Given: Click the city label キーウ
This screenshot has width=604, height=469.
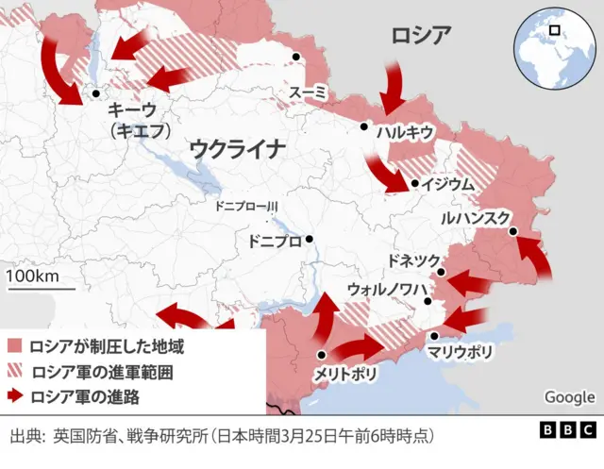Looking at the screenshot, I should coord(133,110).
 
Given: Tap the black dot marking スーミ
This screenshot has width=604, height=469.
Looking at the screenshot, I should coord(296,58).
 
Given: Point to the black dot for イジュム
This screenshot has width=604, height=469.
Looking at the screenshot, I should coord(415,183).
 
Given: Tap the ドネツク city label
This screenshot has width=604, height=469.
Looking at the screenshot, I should coord(414,260).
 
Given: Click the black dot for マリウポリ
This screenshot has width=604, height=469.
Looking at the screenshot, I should coord(434,336).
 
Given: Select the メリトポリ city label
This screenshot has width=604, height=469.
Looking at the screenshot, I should coord(346,375).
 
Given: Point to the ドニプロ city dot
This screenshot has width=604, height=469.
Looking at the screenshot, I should coord(309,239).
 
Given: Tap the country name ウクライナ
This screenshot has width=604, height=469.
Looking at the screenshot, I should coord(237,148).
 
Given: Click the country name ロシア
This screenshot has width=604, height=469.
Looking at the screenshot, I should coord(421,37).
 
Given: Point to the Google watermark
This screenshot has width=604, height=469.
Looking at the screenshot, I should coord(569,397).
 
